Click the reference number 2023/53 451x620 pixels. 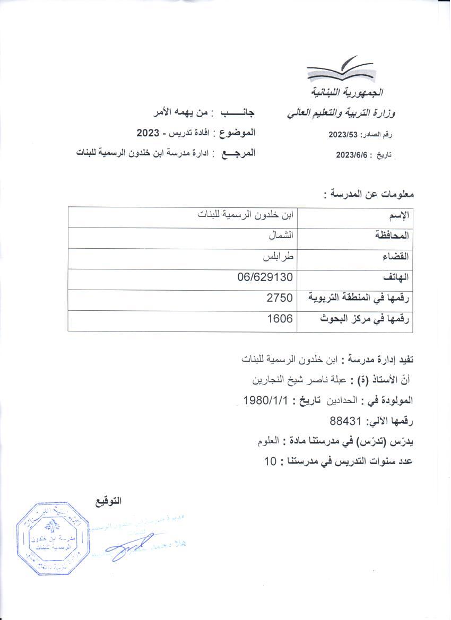(344, 135)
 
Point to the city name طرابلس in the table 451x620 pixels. (280, 257)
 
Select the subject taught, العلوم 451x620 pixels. (267, 441)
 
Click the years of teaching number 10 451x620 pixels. (270, 461)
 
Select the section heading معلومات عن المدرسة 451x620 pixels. (368, 194)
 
